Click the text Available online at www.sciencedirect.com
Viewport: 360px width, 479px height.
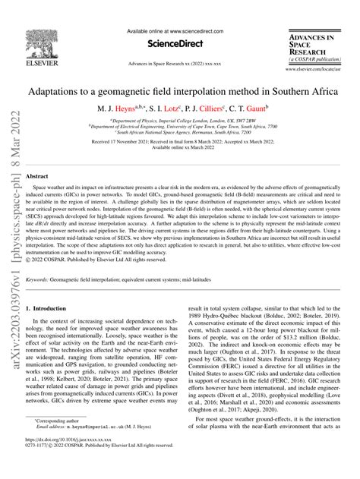point(179,32)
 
